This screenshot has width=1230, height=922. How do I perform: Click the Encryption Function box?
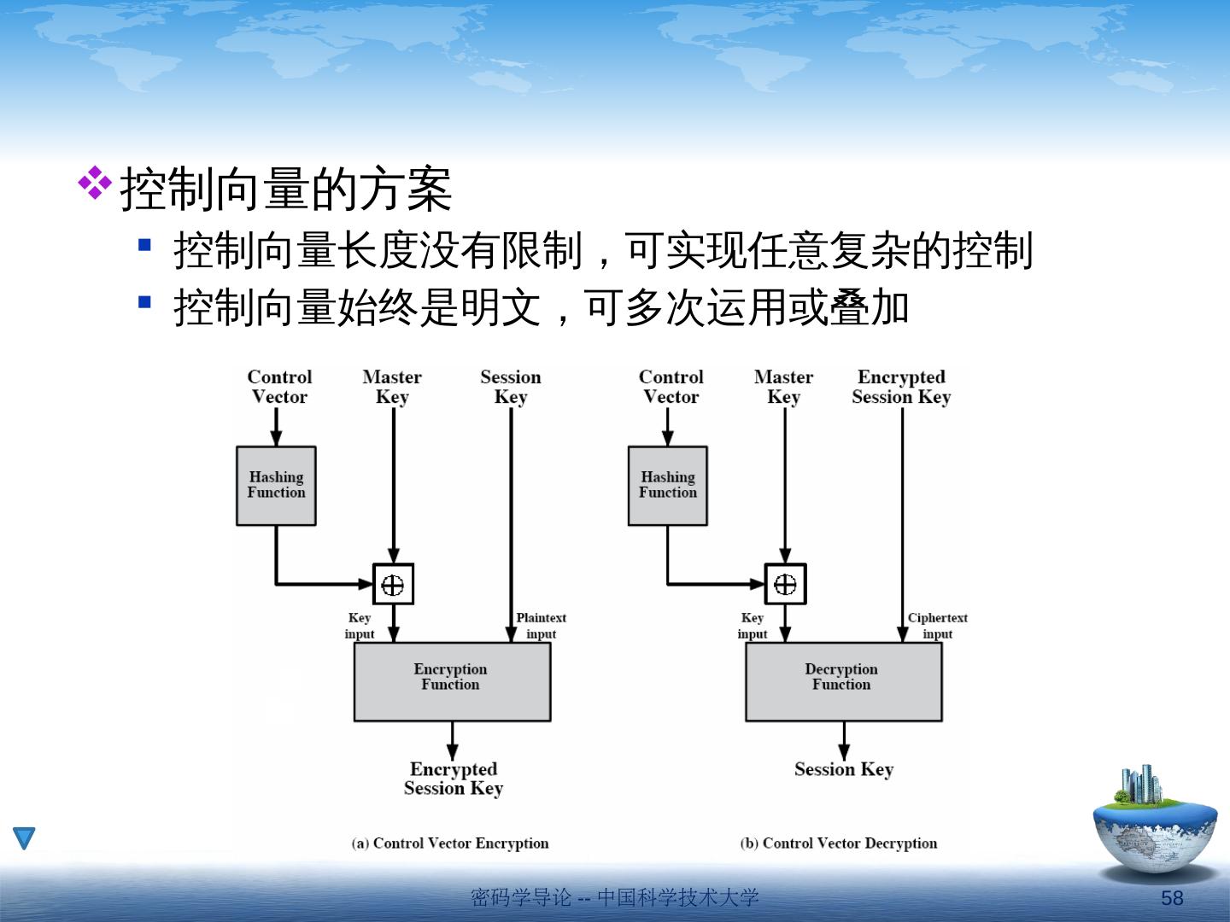[452, 681]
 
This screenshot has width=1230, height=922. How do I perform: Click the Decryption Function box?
[843, 681]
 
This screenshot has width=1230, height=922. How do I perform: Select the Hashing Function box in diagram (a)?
[276, 485]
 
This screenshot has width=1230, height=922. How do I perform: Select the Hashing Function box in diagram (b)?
[667, 485]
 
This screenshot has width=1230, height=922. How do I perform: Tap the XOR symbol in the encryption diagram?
[393, 584]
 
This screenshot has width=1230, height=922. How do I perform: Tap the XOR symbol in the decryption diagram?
[785, 584]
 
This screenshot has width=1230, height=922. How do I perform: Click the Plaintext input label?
[541, 626]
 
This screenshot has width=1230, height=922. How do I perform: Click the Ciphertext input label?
[937, 626]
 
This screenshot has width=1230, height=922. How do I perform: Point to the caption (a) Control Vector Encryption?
[450, 843]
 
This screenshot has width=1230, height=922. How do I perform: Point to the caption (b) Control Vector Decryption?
[839, 843]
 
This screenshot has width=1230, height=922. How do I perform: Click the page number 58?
[1172, 898]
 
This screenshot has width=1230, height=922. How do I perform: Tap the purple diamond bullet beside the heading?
[95, 183]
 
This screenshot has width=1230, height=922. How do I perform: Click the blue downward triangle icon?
[24, 837]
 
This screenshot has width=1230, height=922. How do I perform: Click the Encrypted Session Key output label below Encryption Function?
[454, 779]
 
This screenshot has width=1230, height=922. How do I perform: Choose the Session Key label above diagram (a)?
[511, 387]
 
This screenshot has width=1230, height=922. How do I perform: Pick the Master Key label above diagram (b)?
[783, 387]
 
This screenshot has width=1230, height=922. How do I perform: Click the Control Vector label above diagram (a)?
[279, 387]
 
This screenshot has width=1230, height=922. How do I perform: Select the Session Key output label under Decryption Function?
[844, 769]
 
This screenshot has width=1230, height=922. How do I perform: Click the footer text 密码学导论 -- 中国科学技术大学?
[615, 897]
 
